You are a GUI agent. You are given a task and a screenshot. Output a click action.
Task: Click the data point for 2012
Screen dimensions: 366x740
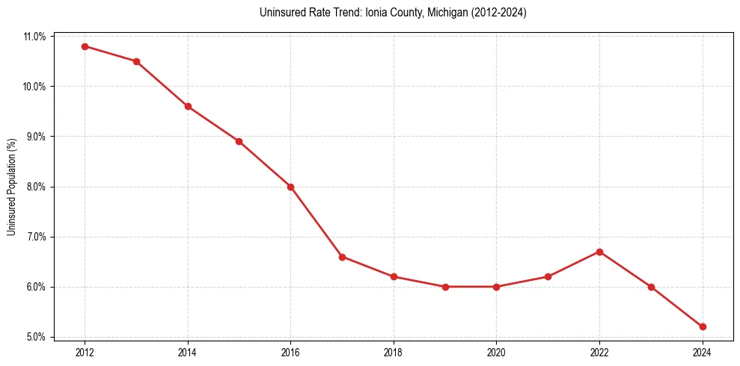pos(85,46)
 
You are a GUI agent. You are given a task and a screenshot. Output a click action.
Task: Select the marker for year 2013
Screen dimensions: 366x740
pos(136,61)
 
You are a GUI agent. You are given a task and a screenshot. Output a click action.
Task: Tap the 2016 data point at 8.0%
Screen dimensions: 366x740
pos(290,187)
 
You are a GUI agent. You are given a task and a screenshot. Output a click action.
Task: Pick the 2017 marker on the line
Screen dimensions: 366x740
pos(342,257)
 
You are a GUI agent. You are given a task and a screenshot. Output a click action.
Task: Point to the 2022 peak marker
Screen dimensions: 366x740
pos(599,252)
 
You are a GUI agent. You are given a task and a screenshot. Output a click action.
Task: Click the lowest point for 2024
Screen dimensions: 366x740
pos(703,326)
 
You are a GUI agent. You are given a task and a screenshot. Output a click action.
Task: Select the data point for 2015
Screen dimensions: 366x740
pos(239,141)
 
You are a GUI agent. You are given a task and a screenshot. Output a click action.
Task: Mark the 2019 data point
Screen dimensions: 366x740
pos(445,287)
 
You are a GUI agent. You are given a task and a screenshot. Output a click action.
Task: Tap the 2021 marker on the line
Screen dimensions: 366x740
pos(548,276)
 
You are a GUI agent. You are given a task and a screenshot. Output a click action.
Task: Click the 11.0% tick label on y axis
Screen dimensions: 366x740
pos(35,37)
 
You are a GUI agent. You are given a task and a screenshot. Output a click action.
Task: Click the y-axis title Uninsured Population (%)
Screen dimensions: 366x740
pos(12,187)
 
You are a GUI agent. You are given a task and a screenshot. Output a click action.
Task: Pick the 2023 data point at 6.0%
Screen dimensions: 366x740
pos(651,287)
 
